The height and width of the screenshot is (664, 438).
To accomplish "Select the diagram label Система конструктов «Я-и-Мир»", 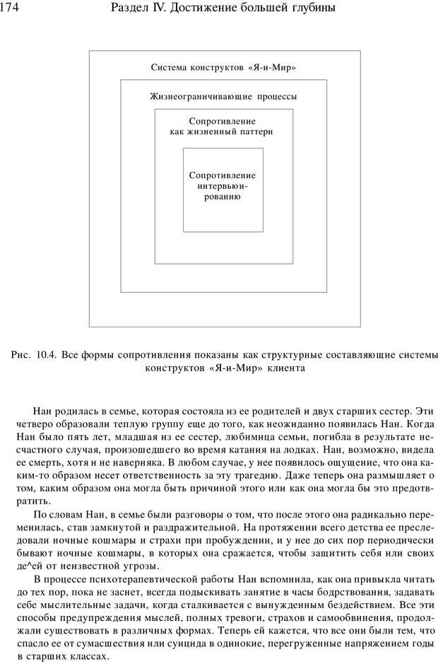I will [x=223, y=67].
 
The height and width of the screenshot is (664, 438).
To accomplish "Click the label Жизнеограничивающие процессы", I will [x=223, y=96].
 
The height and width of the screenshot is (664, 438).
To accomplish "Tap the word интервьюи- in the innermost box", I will [x=223, y=186].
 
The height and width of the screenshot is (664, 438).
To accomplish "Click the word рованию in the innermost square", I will [x=223, y=197].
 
